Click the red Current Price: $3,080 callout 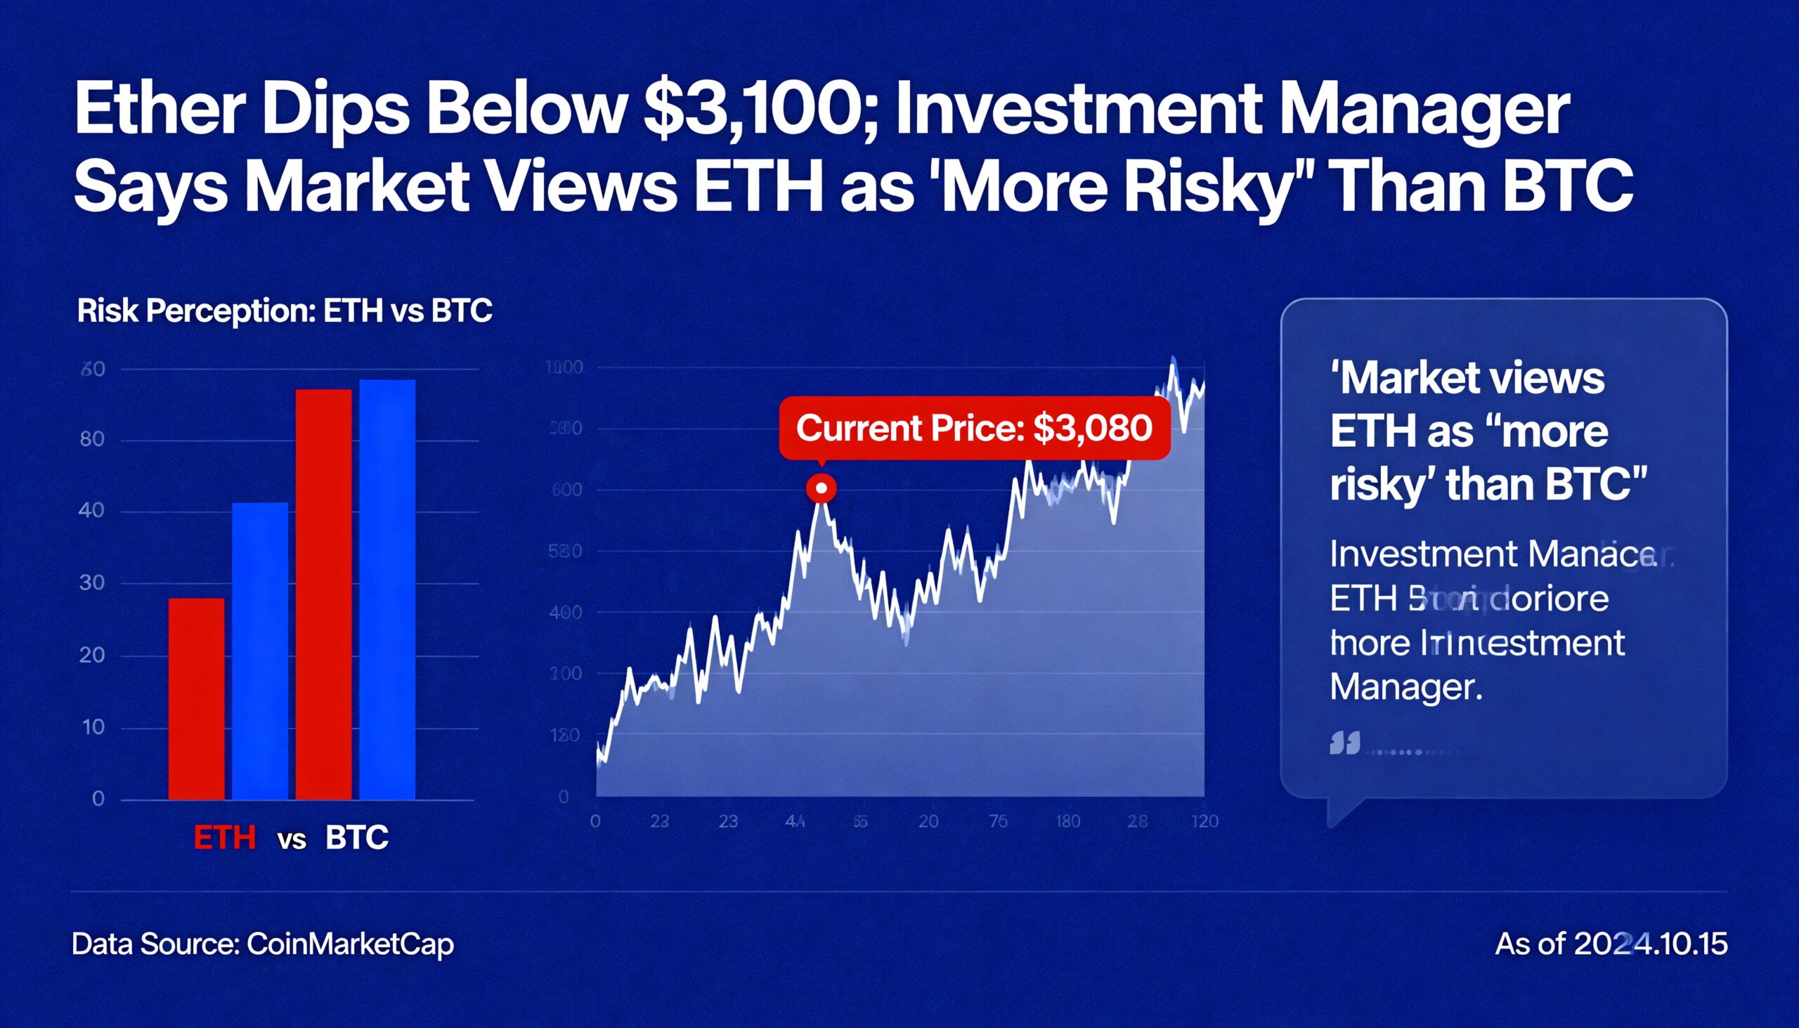pos(974,428)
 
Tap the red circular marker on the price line pos(821,488)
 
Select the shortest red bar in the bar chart pos(196,698)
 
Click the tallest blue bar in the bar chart pos(387,589)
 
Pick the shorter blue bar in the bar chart pos(260,650)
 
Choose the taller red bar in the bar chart pos(323,594)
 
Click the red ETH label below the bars pos(224,838)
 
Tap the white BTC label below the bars pos(356,838)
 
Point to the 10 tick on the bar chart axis pos(93,727)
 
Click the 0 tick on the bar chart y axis pos(98,799)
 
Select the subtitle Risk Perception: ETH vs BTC pos(285,311)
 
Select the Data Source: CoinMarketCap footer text pos(263,944)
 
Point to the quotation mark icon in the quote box pos(1344,743)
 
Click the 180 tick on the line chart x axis pos(1067,821)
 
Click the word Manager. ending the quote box pos(1405,687)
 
